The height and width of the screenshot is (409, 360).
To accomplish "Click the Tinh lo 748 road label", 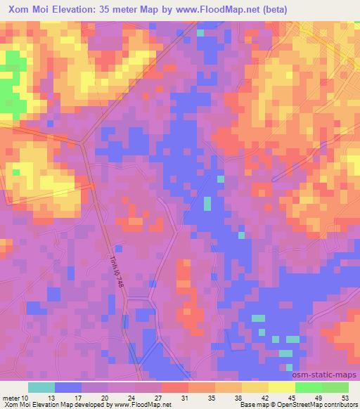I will tap(118, 269).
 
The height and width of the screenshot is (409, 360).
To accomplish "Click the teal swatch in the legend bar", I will tap(41, 387).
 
